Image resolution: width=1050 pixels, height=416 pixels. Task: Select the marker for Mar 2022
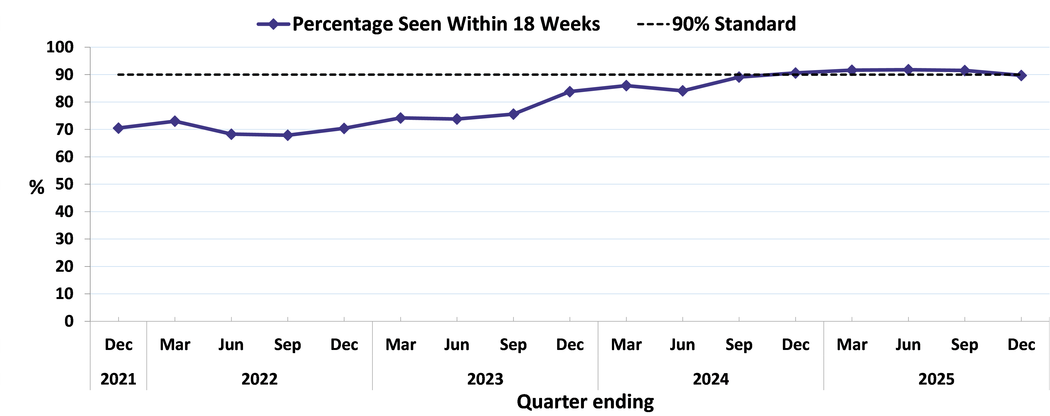coord(175,121)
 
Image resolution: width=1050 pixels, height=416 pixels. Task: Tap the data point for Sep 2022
coord(288,135)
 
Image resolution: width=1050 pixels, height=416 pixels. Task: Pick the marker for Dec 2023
coord(570,91)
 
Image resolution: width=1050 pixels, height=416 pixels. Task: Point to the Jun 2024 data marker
coord(683,91)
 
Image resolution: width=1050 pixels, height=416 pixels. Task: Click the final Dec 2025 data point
coord(1021,76)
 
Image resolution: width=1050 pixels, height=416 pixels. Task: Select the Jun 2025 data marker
coord(908,70)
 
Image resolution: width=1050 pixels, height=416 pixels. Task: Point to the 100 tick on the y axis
coord(60,47)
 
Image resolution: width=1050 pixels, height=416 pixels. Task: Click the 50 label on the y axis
coord(64,184)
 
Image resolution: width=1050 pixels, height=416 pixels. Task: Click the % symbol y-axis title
coord(37,188)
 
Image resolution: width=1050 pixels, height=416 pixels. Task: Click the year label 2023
coord(485,379)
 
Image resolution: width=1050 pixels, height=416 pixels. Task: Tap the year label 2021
coord(118,379)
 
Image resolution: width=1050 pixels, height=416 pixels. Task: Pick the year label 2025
coord(936,379)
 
